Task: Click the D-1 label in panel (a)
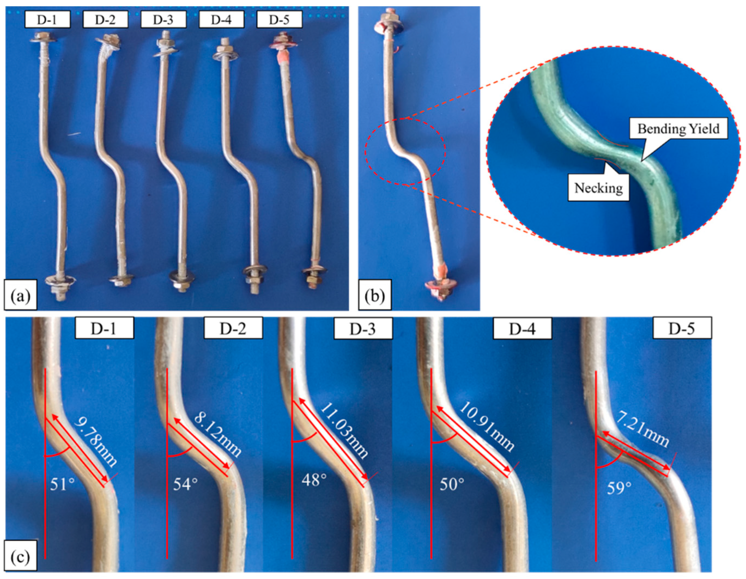tap(47, 19)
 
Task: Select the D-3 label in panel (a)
tap(163, 19)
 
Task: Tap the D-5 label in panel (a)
tap(279, 19)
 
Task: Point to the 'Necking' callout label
tap(599, 187)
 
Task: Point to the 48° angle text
tap(314, 480)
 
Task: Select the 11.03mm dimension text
tap(345, 431)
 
